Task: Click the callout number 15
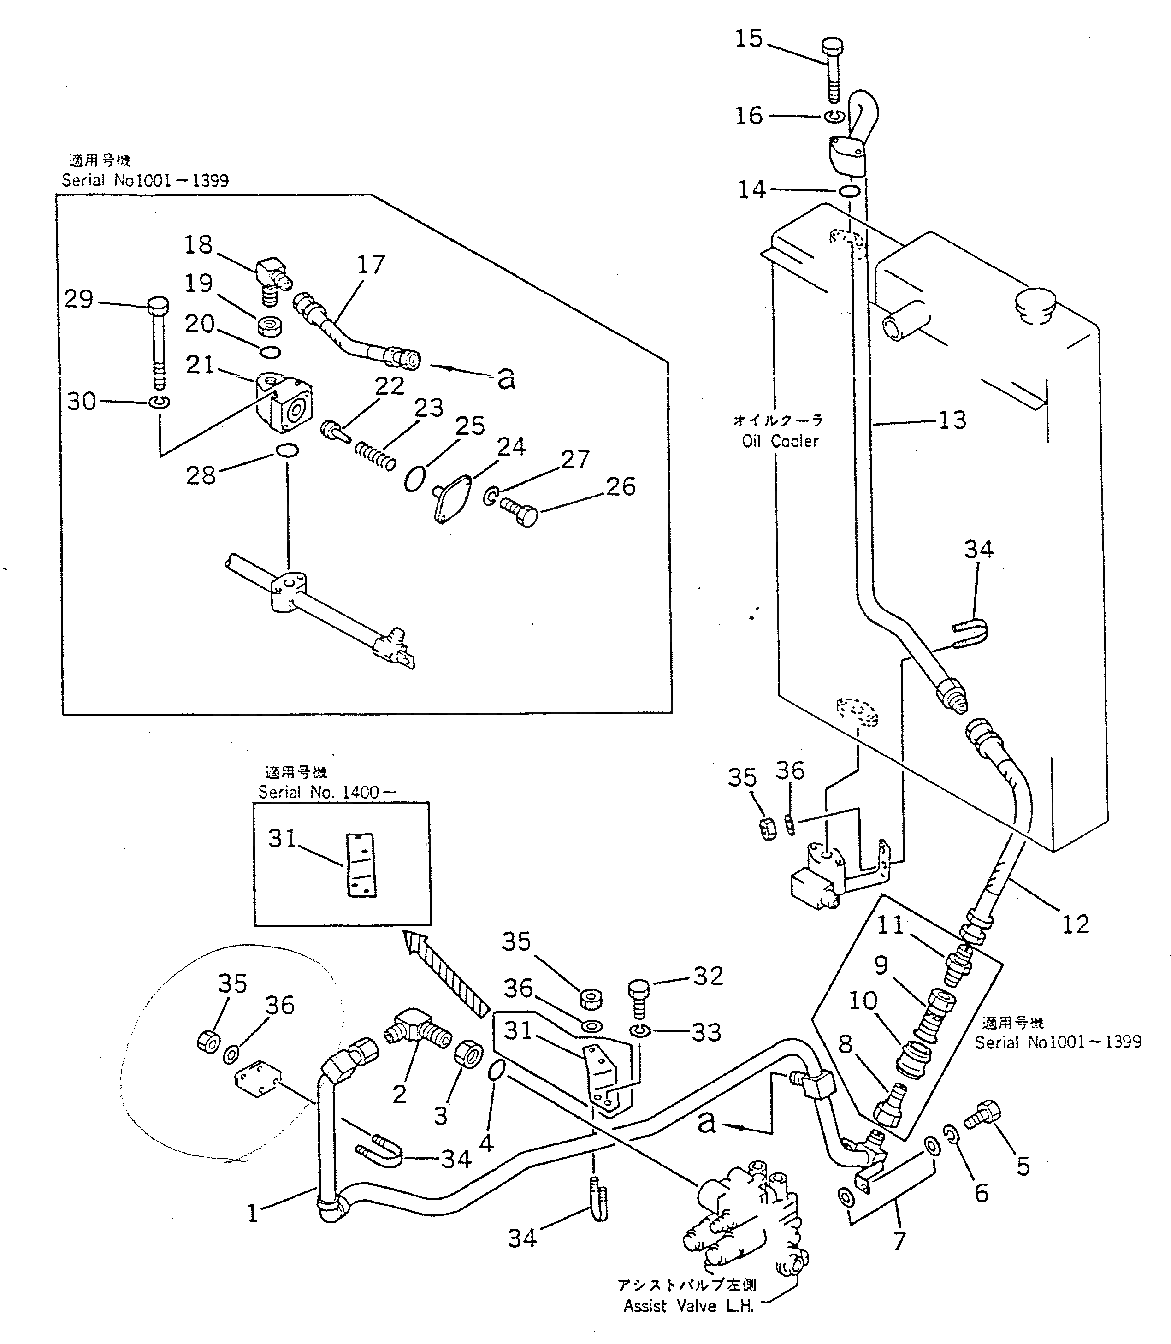(x=749, y=39)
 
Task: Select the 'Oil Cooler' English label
(x=780, y=442)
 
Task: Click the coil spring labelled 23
(x=375, y=456)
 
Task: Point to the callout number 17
(x=371, y=265)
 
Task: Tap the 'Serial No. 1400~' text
(x=327, y=793)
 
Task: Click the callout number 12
(x=1075, y=924)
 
